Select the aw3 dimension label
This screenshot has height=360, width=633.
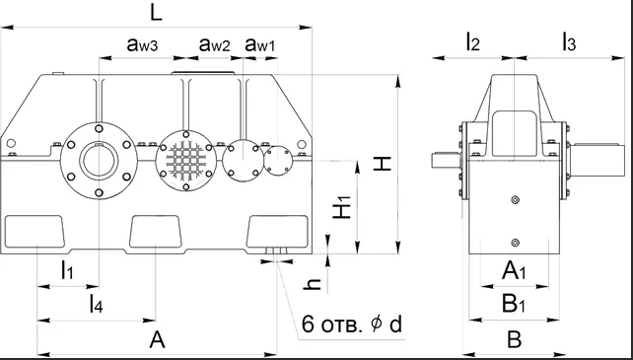144,44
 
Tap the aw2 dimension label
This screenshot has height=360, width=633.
214,44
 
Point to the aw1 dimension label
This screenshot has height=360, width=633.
260,44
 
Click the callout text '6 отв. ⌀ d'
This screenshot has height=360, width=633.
352,324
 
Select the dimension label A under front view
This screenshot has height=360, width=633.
155,340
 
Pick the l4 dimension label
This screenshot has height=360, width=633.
95,304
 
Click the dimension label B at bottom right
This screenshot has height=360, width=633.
514,340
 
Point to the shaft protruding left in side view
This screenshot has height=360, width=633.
445,158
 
